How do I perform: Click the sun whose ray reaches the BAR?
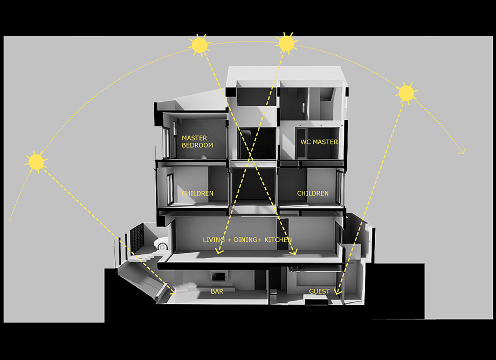click(x=36, y=162)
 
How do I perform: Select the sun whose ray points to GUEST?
click(x=406, y=93)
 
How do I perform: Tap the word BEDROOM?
click(x=197, y=146)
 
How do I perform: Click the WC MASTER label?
click(x=319, y=142)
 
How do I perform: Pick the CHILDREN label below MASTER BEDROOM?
click(x=198, y=193)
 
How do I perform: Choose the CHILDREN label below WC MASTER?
click(x=313, y=193)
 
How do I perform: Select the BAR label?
click(x=217, y=292)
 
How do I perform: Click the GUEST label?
click(x=319, y=292)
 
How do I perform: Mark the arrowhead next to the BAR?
click(x=173, y=292)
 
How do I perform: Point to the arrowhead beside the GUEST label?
click(x=338, y=292)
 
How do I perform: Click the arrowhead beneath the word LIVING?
click(x=219, y=251)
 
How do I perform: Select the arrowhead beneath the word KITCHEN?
click(x=294, y=252)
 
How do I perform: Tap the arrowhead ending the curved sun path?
click(x=462, y=152)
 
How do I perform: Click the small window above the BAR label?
click(x=218, y=276)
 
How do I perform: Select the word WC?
click(x=306, y=142)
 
